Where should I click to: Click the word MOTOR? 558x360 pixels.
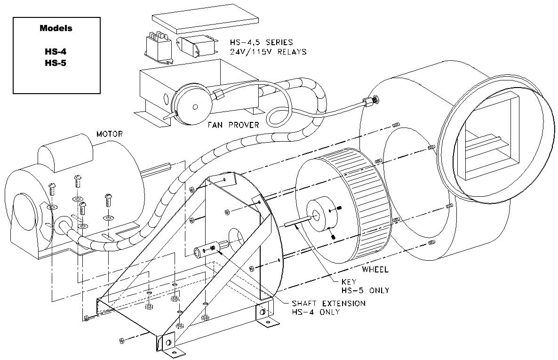109,134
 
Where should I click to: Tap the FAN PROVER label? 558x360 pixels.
233,125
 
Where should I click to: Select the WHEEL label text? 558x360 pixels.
375,270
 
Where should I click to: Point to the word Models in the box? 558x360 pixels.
56,28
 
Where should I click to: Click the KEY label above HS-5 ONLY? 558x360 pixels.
350,281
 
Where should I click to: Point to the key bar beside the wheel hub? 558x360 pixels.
296,222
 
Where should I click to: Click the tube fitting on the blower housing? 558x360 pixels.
373,100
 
